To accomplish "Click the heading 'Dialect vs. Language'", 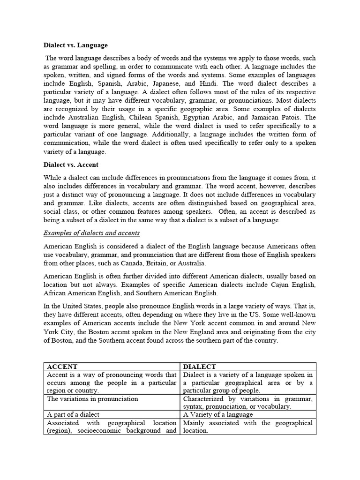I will tap(75, 45).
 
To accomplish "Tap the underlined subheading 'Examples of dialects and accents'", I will tap(91, 233).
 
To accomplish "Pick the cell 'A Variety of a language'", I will tap(218, 414).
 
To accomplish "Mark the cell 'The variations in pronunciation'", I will tap(92, 399).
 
